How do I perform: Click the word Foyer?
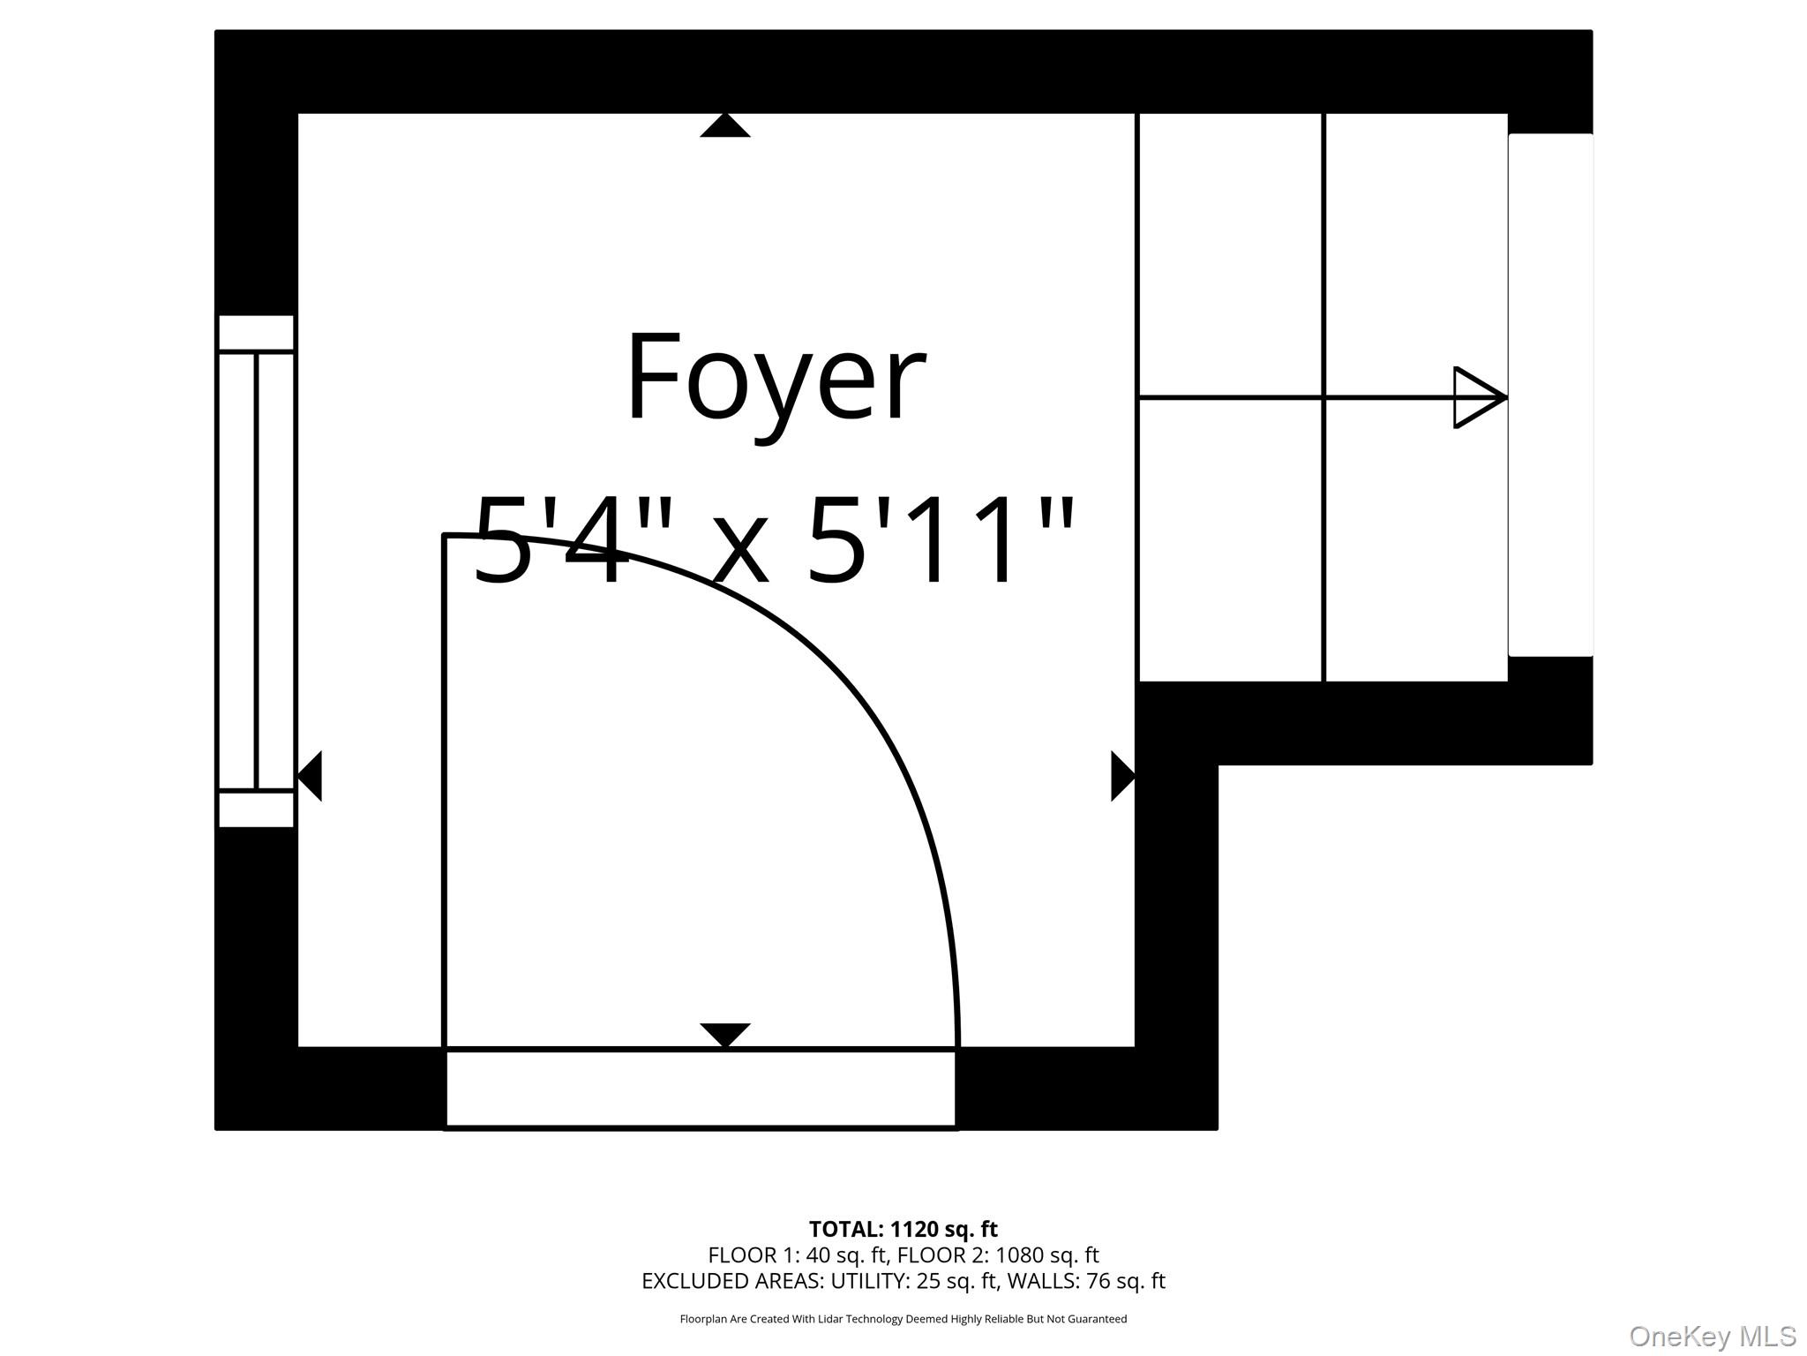pyautogui.click(x=776, y=380)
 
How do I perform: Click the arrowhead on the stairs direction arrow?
pyautogui.click(x=1480, y=397)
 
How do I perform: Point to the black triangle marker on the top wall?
pyautogui.click(x=725, y=125)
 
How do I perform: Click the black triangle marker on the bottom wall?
pyautogui.click(x=725, y=1035)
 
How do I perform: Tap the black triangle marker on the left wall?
pyautogui.click(x=310, y=776)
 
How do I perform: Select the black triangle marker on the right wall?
pyautogui.click(x=1122, y=776)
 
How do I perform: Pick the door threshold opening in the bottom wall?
pyautogui.click(x=701, y=1089)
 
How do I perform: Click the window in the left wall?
pyautogui.click(x=256, y=571)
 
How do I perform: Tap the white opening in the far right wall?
pyautogui.click(x=1550, y=395)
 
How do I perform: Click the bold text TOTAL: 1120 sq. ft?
pyautogui.click(x=903, y=1229)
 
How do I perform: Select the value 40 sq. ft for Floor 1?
pyautogui.click(x=846, y=1254)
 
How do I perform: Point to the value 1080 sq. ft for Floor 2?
pyautogui.click(x=1047, y=1254)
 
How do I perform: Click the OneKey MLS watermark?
pyautogui.click(x=1713, y=1337)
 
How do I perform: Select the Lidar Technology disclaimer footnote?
pyautogui.click(x=903, y=1319)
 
